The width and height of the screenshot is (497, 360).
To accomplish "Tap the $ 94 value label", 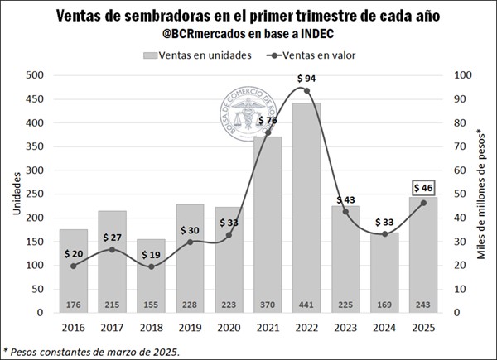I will (x=307, y=78).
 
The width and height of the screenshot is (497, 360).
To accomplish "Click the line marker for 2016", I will (x=74, y=266).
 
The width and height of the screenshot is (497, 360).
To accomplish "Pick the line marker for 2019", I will (x=191, y=242).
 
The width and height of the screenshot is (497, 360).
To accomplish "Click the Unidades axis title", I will (x=16, y=194).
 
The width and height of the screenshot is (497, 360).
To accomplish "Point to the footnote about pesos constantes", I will (x=90, y=351).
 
